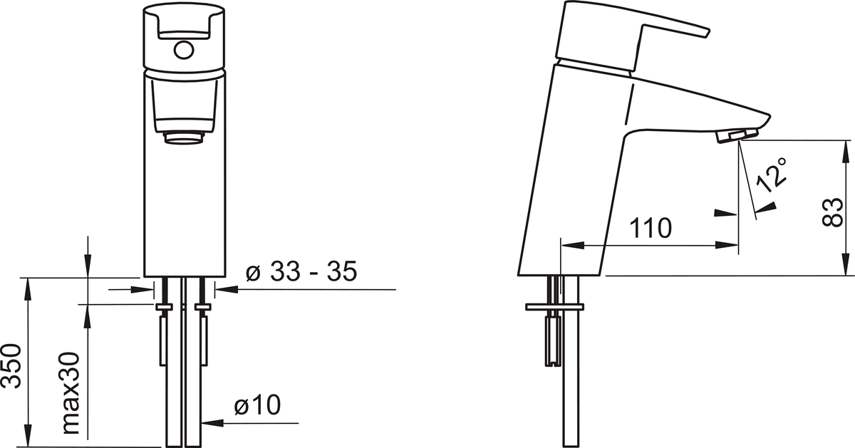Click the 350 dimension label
coord(11,366)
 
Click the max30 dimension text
coord(71,393)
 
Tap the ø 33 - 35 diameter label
coord(301,271)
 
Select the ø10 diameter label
coord(258,405)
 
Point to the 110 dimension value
coord(650,228)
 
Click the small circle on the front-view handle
coord(184,50)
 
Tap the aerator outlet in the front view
coord(184,137)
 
